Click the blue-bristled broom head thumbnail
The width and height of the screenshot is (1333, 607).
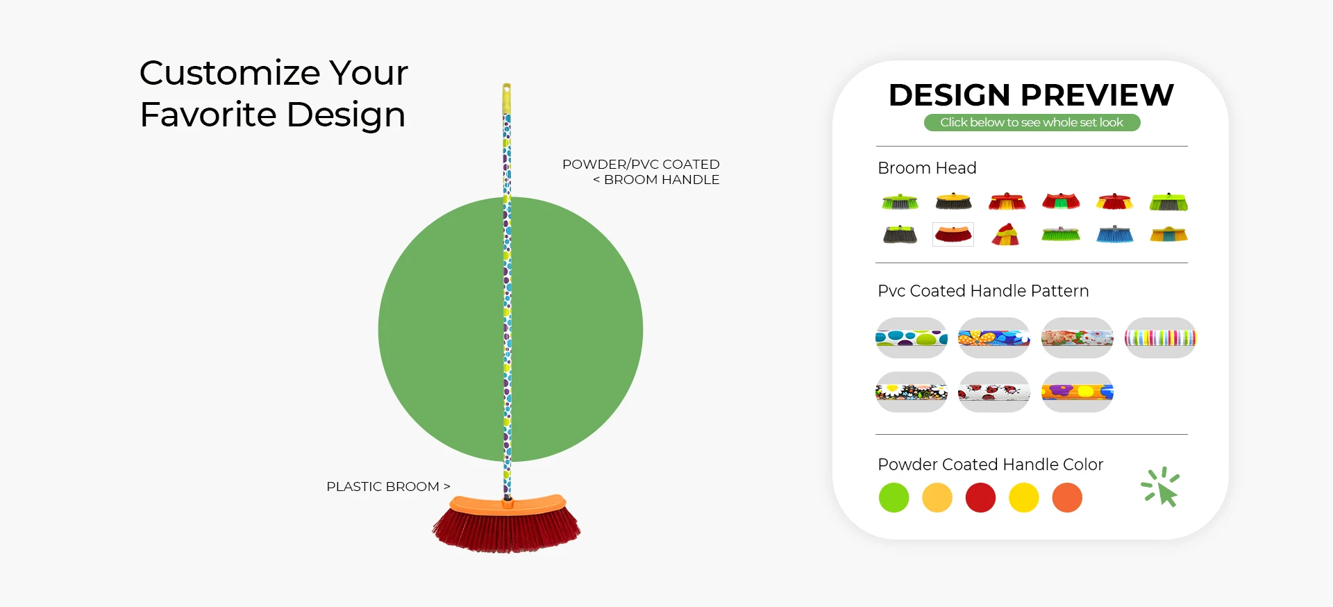coord(1114,234)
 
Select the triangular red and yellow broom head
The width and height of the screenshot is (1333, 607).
coord(1005,234)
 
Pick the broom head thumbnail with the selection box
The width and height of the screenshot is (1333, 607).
coord(953,234)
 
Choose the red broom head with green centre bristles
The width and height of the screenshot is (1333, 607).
coord(1061,201)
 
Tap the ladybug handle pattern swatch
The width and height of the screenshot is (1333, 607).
coord(994,392)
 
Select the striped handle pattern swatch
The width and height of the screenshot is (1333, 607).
coord(1160,338)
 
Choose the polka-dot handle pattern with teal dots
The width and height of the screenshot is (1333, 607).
coord(912,338)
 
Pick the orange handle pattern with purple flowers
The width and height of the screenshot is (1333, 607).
coord(1078,392)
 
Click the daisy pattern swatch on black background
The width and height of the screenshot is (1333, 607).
coord(912,392)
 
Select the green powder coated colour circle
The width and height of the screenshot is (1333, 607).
coord(894,498)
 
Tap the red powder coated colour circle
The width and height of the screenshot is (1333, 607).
coord(980,498)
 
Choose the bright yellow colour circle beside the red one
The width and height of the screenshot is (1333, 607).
coord(1024,498)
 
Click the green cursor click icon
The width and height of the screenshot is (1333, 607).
coord(1161,487)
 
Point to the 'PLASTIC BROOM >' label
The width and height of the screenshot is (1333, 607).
coord(388,487)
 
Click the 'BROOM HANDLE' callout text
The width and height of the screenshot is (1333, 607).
coord(662,180)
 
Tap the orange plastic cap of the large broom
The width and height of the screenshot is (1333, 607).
coord(508,504)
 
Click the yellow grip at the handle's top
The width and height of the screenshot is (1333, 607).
coord(507,99)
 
